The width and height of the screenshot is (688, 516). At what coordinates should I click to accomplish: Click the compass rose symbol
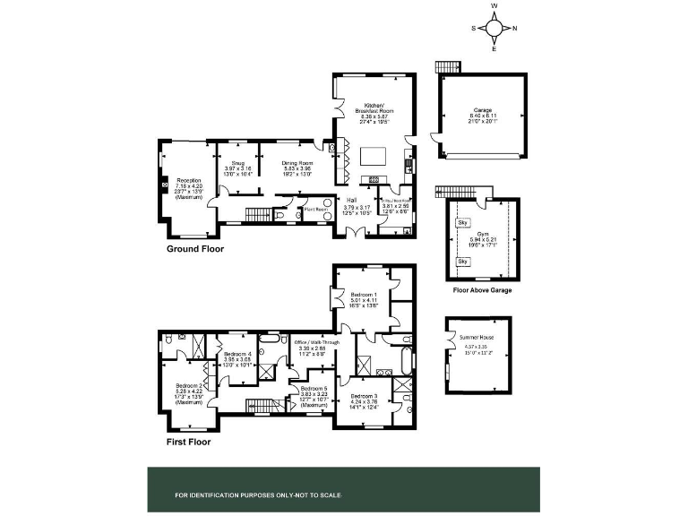494,27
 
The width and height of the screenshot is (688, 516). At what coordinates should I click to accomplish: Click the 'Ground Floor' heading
195,249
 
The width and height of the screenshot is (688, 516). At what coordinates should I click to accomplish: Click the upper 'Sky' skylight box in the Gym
463,222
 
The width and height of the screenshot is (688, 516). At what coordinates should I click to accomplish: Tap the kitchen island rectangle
374,157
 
